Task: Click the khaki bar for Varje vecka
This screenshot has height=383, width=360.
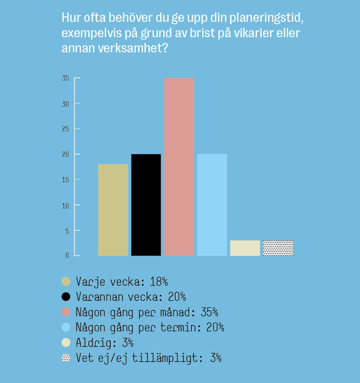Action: click(x=113, y=210)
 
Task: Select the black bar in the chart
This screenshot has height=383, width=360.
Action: click(x=146, y=205)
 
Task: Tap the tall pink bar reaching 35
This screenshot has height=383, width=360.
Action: click(x=179, y=166)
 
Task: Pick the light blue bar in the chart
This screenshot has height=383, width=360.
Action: click(x=212, y=205)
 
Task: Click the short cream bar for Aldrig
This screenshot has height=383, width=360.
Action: click(x=245, y=248)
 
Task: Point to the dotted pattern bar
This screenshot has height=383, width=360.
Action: click(x=278, y=248)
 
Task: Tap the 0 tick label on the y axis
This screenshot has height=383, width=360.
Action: click(x=67, y=255)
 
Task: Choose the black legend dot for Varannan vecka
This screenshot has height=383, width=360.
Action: click(x=66, y=297)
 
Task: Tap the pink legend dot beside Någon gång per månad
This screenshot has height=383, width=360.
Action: click(x=66, y=312)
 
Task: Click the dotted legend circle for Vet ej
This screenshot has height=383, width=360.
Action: click(x=66, y=358)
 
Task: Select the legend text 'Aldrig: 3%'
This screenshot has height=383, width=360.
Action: click(x=105, y=343)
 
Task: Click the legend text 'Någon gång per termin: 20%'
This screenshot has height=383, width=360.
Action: click(x=150, y=327)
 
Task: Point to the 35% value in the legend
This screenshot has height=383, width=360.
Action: click(x=209, y=312)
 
